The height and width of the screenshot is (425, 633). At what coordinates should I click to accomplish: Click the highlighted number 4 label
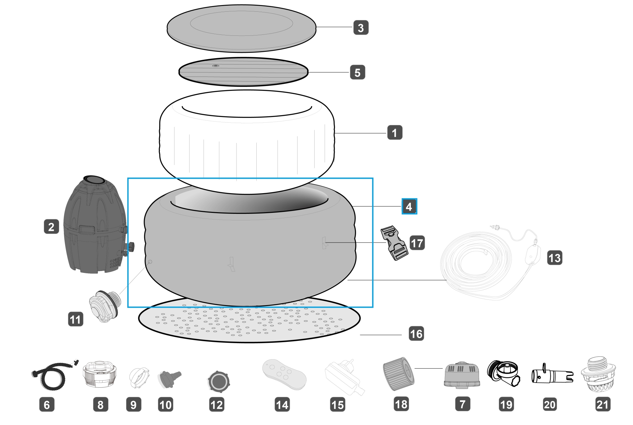point(409,206)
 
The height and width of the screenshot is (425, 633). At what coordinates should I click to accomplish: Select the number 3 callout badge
point(361,28)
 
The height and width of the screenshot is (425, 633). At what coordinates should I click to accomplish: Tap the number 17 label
point(417,243)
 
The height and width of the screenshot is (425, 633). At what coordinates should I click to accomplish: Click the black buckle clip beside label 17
point(394,243)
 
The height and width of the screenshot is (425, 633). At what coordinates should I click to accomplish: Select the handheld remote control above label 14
point(285,374)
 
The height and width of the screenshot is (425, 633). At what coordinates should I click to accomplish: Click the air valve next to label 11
point(105,305)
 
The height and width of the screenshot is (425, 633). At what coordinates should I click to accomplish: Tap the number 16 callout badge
point(416,334)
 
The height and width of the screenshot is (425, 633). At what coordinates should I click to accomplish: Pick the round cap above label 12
point(218,381)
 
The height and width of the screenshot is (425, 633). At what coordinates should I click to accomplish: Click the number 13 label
point(555,258)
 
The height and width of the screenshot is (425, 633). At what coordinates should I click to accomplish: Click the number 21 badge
point(602,404)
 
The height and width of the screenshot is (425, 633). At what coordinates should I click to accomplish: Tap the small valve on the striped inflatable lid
point(216,66)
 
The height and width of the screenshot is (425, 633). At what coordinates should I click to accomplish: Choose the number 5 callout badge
point(357,72)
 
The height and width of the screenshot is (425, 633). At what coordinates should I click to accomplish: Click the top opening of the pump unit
point(94,180)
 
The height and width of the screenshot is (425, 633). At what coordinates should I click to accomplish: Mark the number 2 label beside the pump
point(51,227)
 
